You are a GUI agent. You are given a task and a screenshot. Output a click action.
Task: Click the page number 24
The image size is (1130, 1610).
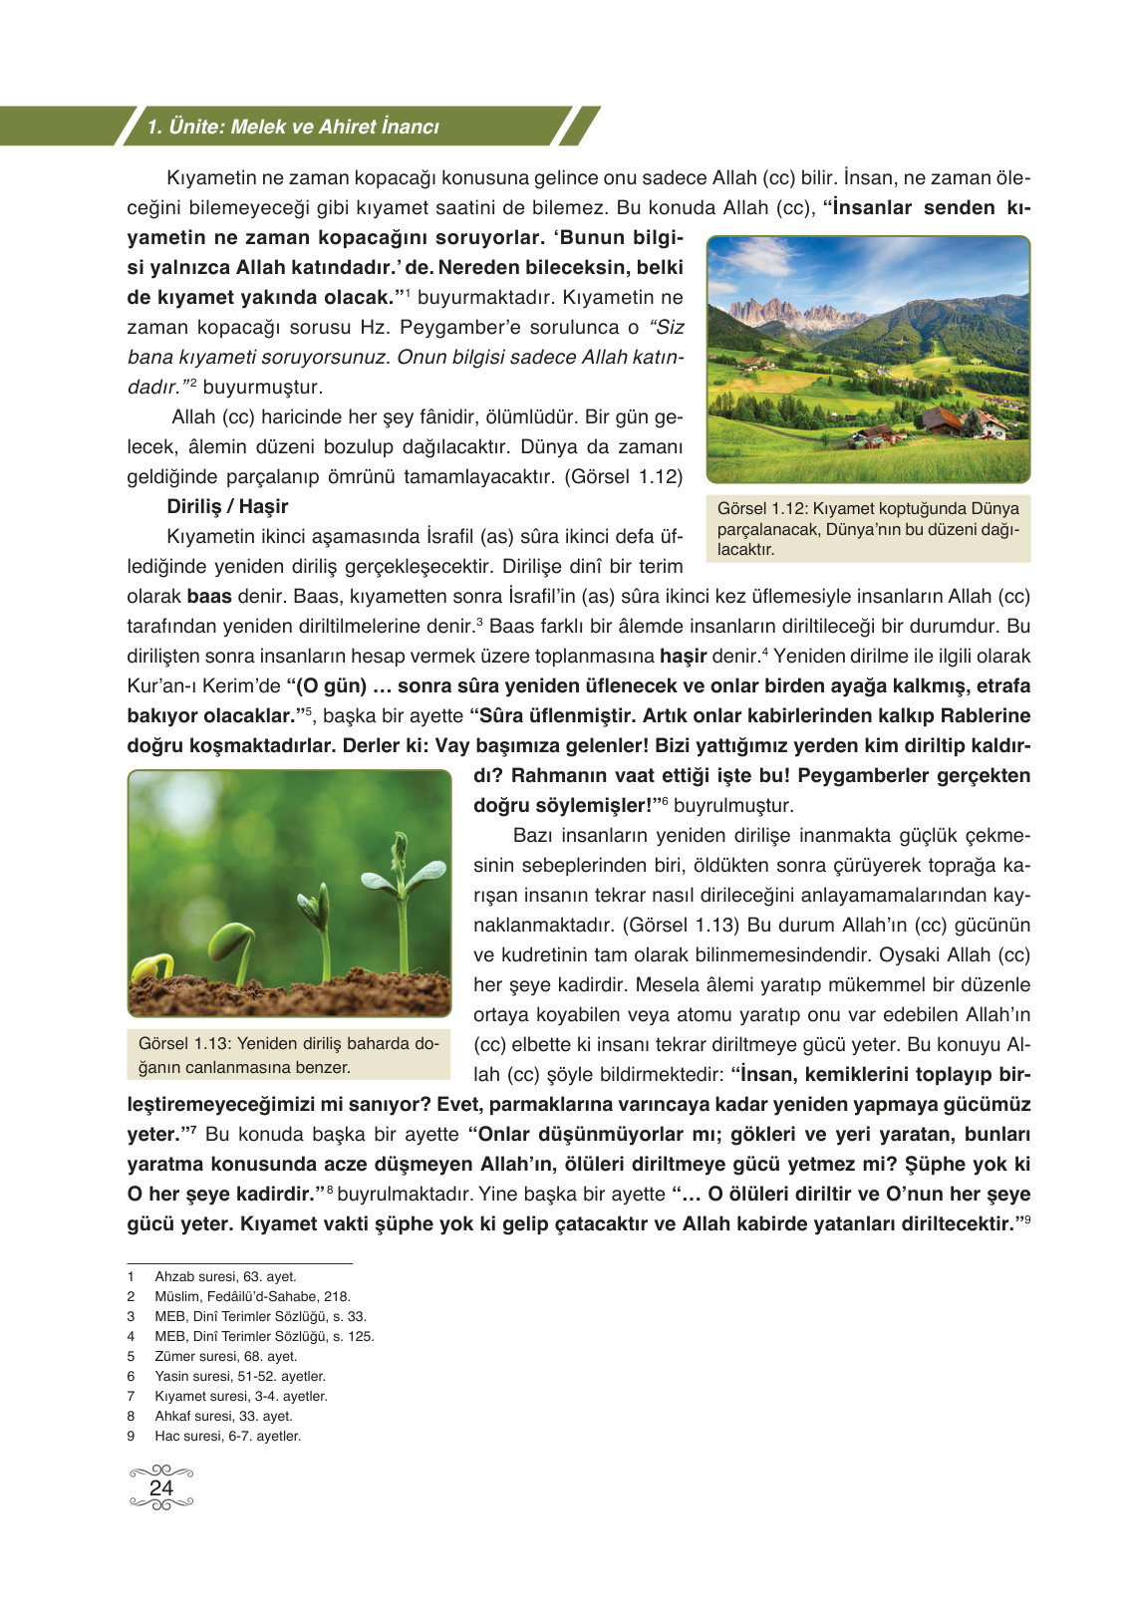point(160,1487)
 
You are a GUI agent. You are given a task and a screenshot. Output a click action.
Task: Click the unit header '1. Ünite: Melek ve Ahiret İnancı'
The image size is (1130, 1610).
point(293,127)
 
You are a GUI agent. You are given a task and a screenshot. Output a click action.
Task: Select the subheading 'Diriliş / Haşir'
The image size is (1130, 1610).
point(227,506)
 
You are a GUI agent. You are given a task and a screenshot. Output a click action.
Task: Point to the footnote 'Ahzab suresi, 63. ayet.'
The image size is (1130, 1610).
point(225,1276)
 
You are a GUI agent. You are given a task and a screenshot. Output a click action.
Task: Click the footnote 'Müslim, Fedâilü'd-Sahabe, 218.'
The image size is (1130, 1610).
point(252,1296)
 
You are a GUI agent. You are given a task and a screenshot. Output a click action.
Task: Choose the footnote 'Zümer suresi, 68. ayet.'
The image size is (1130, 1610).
point(225,1356)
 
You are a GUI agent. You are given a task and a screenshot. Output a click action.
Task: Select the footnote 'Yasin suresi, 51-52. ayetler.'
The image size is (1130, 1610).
point(240,1376)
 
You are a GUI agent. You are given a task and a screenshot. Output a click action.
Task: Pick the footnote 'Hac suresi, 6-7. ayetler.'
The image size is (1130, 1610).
point(227,1436)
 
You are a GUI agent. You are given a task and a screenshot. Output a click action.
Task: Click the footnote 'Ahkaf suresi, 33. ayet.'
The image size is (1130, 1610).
point(223,1416)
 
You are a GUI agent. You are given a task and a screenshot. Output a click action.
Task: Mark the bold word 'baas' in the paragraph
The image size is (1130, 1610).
point(209,597)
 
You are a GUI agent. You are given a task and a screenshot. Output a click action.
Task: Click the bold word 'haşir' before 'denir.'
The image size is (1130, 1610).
point(683,657)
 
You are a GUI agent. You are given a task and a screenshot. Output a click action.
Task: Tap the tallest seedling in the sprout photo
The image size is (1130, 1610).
point(402,897)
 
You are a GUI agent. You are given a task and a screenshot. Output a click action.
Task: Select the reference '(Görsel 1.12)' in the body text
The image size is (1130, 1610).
point(624,477)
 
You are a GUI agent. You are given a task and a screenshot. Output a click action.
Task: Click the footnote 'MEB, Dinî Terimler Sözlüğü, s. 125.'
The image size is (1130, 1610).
point(264,1336)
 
